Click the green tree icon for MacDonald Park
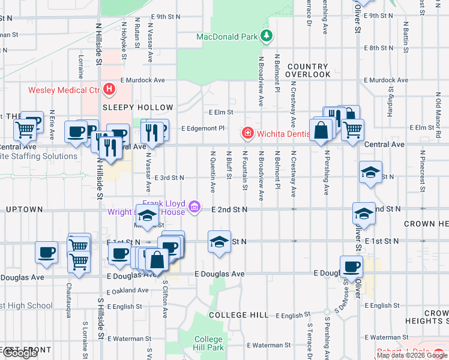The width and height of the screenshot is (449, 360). (x=266, y=37)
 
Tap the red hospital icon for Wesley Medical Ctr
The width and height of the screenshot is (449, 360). (x=109, y=91)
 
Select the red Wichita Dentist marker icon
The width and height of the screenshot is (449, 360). (x=246, y=132)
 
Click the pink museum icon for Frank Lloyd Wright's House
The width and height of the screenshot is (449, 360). (x=194, y=208)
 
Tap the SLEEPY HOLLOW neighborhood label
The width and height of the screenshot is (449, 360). (x=137, y=107)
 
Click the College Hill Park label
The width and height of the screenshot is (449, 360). (x=208, y=343)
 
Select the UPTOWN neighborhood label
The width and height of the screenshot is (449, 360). (x=24, y=209)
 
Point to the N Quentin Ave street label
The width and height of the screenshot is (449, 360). (x=212, y=171)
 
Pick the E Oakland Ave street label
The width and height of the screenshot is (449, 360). (x=127, y=291)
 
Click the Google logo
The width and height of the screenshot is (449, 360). (x=20, y=353)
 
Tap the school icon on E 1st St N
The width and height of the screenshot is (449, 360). (x=219, y=242)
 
